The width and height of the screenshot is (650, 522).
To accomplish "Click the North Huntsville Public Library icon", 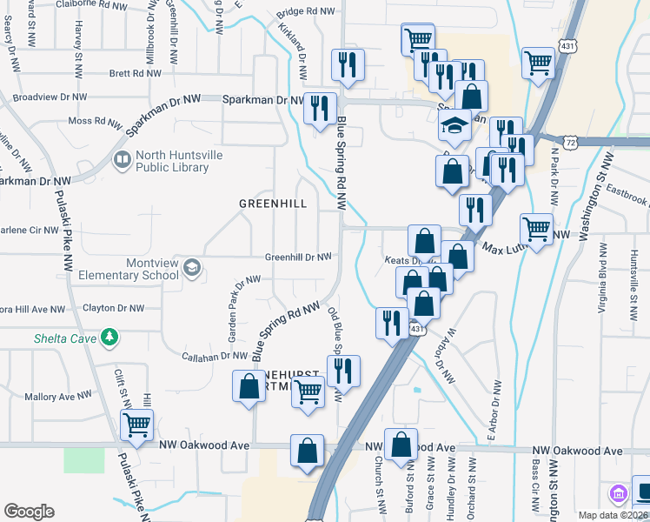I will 122,160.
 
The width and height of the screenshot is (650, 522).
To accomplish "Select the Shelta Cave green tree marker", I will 109,337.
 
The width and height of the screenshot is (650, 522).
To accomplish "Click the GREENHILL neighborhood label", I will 273,204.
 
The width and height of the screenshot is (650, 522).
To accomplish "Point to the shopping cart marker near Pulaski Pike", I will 137,425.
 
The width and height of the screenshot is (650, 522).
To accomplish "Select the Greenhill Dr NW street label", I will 298,258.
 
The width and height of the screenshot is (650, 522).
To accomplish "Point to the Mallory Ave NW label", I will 58,396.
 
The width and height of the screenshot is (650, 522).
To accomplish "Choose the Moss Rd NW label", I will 92,121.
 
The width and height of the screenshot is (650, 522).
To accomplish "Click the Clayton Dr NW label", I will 113,308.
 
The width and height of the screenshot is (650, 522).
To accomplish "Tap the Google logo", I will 29,512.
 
